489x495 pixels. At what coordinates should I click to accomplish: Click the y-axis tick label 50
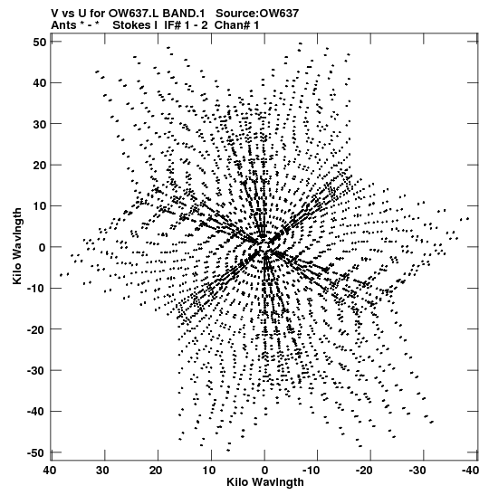coord(39,42)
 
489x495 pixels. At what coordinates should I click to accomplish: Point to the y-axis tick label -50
coord(36,453)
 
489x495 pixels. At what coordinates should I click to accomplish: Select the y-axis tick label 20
coord(39,165)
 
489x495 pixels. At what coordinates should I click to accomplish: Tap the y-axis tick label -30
coord(36,371)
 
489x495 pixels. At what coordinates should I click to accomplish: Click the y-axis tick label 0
coord(43,248)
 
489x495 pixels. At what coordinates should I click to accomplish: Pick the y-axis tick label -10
coord(36,289)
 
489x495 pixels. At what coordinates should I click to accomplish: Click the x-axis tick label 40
coord(51,471)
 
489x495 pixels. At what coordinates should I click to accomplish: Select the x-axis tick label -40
coord(469,471)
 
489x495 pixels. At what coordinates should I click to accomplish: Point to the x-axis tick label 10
coord(210,471)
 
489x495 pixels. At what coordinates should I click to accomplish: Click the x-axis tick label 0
coord(264,471)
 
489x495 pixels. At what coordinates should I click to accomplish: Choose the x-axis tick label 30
coord(103,471)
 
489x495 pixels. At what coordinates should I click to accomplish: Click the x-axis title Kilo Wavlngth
coord(265,482)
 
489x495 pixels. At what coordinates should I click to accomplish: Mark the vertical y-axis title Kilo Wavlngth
coord(17,246)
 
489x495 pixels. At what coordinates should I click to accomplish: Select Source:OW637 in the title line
coord(257,14)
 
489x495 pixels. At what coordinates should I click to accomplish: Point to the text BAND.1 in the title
coord(184,14)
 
